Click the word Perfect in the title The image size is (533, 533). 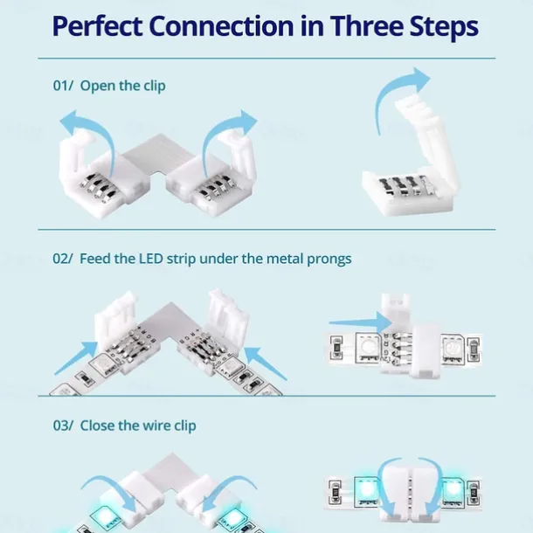pos(98,26)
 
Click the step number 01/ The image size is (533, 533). pos(63,86)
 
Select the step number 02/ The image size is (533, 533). pos(63,259)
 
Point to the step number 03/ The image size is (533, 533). pos(63,426)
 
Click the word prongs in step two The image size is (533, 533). pos(329,260)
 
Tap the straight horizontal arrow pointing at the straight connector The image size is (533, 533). pos(361,322)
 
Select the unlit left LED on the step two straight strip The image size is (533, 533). pos(368,348)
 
